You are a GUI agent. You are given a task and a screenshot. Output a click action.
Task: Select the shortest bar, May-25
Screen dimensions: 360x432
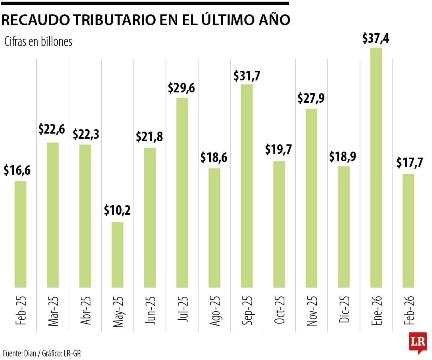point(117,254)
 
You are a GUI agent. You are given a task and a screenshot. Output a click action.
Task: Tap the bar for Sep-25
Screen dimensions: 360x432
point(247,186)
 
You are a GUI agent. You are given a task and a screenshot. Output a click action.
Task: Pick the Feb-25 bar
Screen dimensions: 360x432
point(20,234)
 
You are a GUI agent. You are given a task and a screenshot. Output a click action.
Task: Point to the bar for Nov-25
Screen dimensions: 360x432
point(311,198)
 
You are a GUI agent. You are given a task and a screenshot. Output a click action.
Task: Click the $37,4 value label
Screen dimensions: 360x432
point(376,38)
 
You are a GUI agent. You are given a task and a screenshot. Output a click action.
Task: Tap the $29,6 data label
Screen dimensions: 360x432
point(182,88)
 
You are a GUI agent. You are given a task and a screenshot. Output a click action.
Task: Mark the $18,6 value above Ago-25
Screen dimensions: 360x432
point(214,158)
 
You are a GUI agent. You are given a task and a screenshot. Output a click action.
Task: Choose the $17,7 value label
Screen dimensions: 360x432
point(408,163)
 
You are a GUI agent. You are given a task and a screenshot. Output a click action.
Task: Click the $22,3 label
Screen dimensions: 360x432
point(85,134)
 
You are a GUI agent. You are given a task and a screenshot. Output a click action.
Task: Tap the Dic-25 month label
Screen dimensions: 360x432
point(344,310)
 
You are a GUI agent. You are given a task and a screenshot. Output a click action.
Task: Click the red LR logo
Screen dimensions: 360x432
point(418,343)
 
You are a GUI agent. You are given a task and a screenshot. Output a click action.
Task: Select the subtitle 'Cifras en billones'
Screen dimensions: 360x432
point(38,42)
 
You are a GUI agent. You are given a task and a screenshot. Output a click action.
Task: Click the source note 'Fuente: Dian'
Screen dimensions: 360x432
point(20,353)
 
